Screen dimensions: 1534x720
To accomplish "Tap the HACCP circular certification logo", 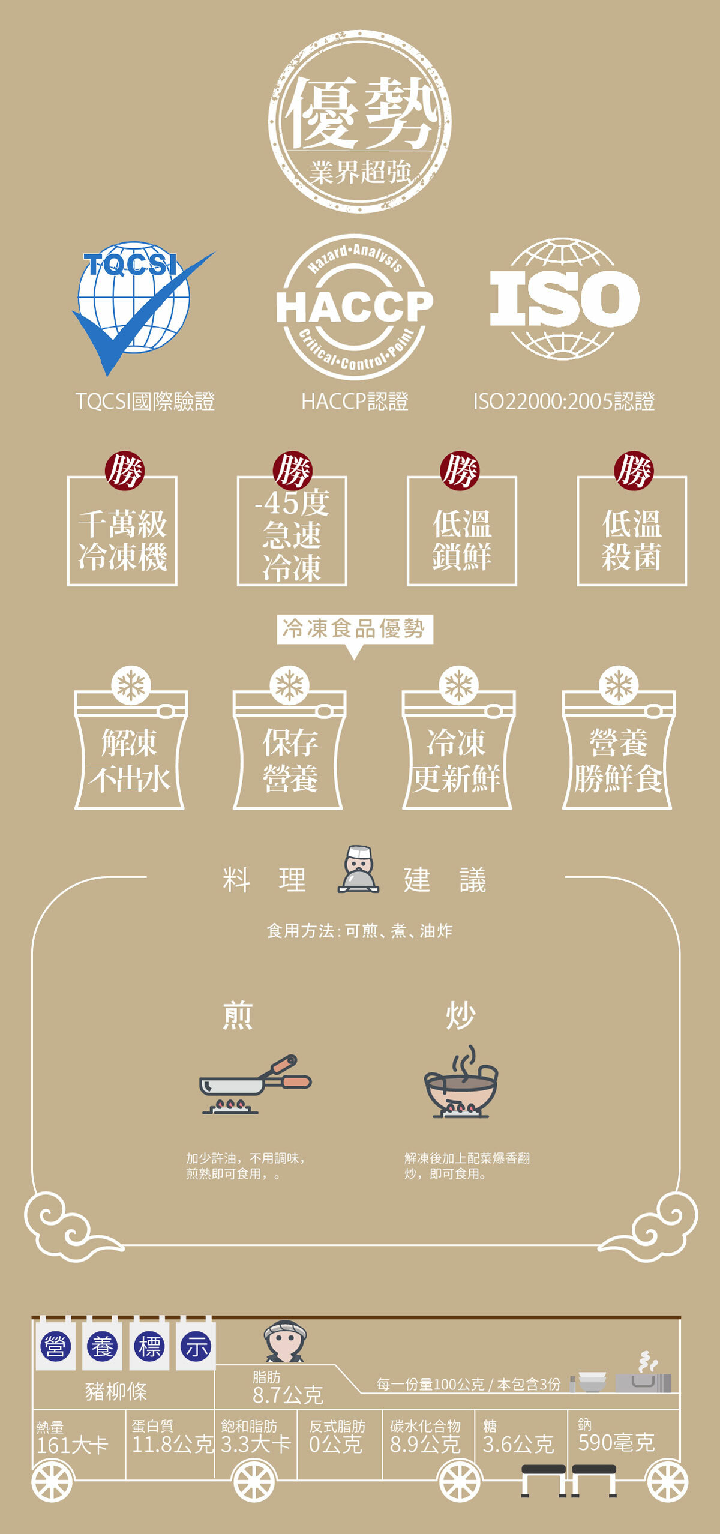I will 355,307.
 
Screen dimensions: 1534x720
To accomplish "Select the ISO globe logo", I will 564,299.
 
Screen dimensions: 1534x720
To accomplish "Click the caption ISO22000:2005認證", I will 563,401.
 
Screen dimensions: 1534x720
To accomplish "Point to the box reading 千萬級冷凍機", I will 122,531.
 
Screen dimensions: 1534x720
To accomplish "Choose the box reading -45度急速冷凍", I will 292,531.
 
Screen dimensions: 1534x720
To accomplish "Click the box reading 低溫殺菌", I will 632,531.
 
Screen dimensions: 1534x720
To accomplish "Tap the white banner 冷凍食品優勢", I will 354,628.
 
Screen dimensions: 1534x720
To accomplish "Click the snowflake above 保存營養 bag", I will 289,685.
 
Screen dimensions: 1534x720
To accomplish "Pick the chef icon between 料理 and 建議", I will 358,870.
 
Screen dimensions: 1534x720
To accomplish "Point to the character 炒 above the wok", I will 460,1015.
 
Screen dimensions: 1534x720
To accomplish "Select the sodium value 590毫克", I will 616,1443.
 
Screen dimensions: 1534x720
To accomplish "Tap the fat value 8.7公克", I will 288,1395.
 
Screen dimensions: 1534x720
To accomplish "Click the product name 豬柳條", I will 116,1391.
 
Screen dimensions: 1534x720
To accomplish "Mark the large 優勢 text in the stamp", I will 361,113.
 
